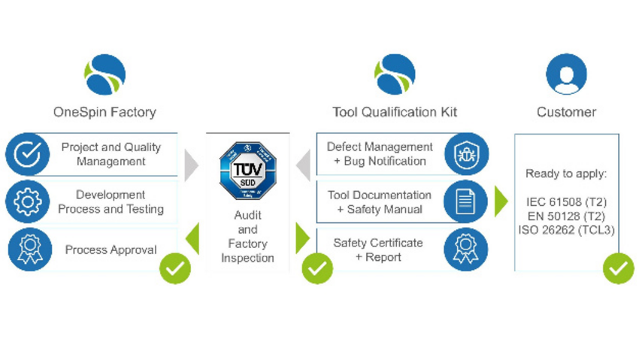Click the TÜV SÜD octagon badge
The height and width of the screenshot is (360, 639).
pos(247,171)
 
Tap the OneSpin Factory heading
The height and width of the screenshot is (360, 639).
pos(104,113)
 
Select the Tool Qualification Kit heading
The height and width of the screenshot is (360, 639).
pos(395,113)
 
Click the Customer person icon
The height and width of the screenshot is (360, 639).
pos(566,74)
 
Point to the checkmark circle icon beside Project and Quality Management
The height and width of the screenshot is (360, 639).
pos(27,154)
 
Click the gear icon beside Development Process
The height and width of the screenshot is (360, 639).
pos(27,201)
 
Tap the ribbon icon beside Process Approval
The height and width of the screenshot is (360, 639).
pos(29,250)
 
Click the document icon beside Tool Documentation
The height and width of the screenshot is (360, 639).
pos(466,201)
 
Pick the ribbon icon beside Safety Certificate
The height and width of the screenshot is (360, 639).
pos(466,250)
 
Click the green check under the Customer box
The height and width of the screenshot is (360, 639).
pos(618,268)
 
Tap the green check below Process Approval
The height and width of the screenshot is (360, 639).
pos(175,268)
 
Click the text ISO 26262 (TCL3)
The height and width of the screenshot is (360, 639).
pos(566,230)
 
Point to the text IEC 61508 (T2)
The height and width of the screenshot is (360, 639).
pos(566,202)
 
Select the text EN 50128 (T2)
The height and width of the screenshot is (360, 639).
pos(566,216)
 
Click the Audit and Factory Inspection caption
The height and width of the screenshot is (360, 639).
pos(247,236)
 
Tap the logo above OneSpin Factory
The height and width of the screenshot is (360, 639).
pos(104,74)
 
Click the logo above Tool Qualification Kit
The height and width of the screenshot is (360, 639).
pos(395,74)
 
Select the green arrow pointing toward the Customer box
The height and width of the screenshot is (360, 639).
pos(501,201)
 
